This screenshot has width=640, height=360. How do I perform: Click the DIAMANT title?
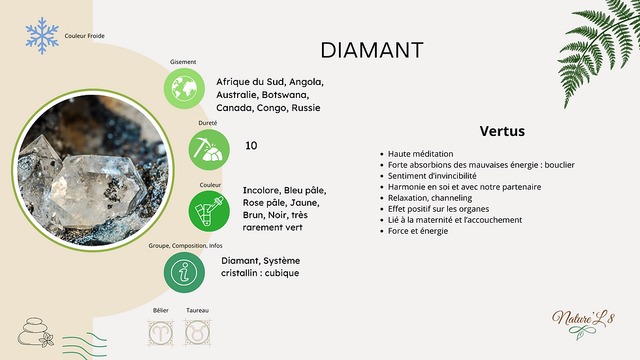(x=372, y=50)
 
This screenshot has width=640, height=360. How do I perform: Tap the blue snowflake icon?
(x=42, y=35)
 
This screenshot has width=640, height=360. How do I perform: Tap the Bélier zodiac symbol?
(x=161, y=333)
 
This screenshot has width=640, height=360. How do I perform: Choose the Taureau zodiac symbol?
(x=197, y=333)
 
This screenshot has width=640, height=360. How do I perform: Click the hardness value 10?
(x=251, y=146)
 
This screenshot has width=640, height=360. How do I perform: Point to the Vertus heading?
(x=502, y=131)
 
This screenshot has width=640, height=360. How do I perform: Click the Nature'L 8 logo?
(x=583, y=319)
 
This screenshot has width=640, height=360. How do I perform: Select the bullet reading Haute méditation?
(x=420, y=154)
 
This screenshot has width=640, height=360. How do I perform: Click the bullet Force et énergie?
(x=418, y=231)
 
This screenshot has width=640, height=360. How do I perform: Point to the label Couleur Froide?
(x=84, y=36)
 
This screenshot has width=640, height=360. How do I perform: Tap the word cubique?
(x=282, y=273)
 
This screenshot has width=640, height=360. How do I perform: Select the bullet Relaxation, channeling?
(x=430, y=198)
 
